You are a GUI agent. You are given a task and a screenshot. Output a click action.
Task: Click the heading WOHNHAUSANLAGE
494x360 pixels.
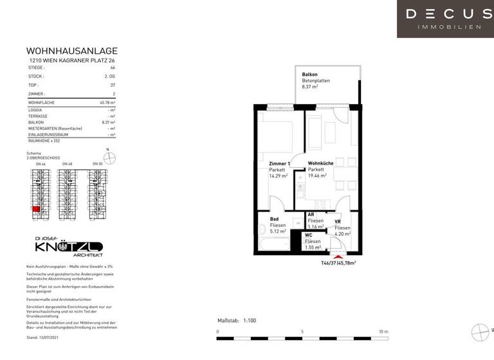click(x=71, y=51)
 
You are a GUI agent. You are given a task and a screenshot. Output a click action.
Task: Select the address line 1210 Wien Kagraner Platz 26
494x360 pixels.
click(x=71, y=60)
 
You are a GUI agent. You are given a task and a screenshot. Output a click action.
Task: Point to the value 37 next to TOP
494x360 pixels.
click(x=113, y=85)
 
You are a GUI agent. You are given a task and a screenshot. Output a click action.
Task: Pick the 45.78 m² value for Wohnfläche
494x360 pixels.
click(x=107, y=103)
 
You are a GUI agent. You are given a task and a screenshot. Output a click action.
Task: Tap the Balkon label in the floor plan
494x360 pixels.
click(x=309, y=75)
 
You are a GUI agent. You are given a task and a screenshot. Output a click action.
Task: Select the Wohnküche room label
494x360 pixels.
click(x=320, y=164)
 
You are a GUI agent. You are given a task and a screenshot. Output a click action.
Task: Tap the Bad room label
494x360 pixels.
click(x=274, y=219)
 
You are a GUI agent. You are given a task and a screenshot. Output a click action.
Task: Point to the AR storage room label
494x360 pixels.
click(x=311, y=215)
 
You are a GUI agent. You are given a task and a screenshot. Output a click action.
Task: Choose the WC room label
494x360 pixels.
click(x=309, y=235)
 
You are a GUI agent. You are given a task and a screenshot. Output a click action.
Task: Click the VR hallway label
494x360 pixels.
click(x=337, y=222)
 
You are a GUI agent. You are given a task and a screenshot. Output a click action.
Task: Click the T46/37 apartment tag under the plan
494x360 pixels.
click(x=338, y=263)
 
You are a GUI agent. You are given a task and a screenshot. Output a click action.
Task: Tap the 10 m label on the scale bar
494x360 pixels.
click(x=383, y=332)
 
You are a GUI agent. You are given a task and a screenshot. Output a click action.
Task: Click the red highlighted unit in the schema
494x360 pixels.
click(x=37, y=208)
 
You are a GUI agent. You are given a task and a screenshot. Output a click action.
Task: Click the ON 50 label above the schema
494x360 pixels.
click(x=98, y=164)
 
